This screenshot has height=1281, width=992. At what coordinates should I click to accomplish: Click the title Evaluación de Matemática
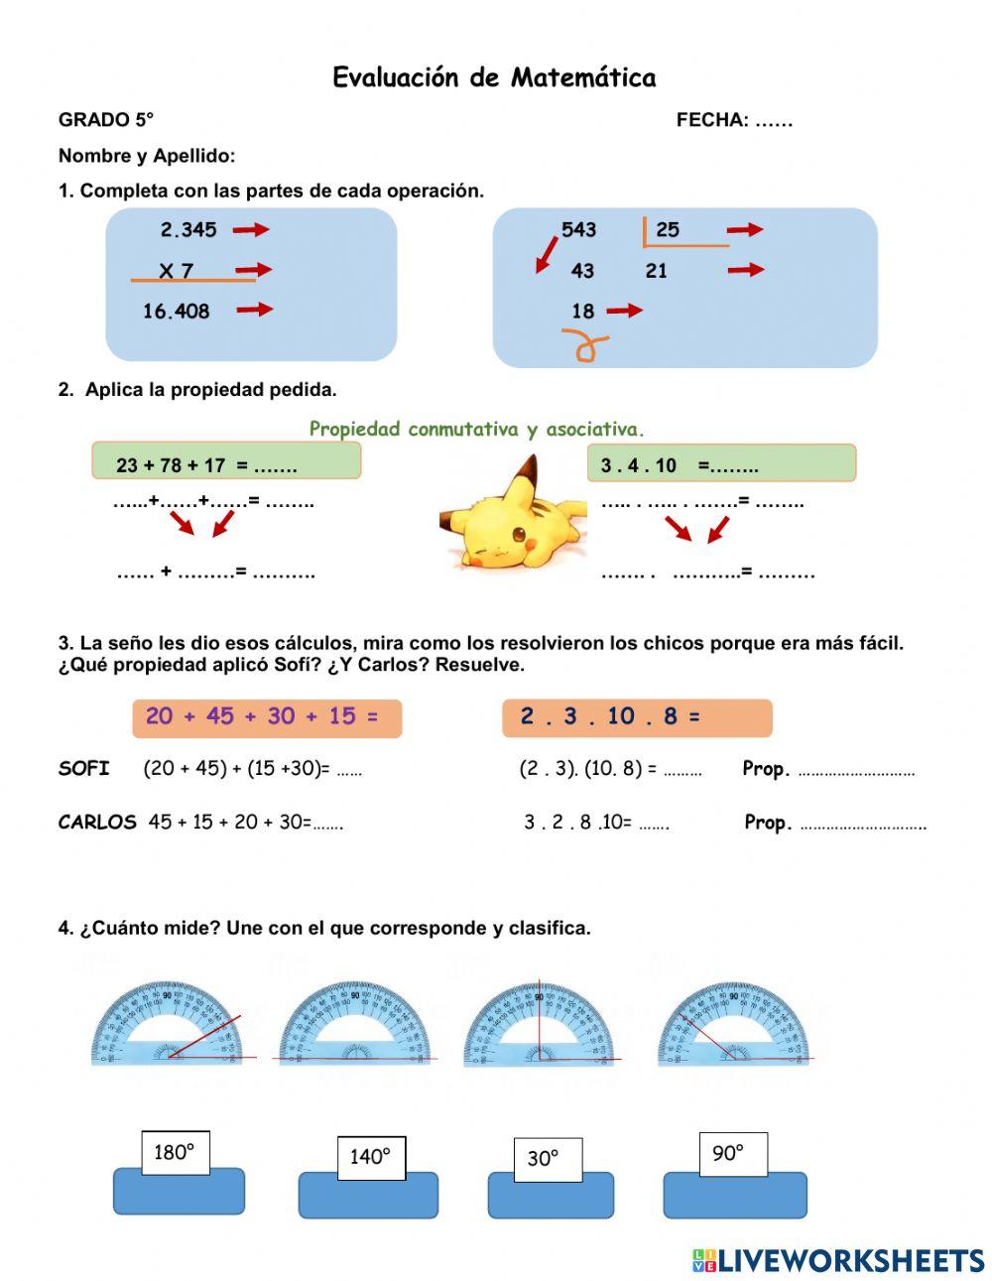click(x=494, y=77)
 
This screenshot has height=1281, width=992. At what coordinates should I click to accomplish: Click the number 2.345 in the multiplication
click(x=188, y=230)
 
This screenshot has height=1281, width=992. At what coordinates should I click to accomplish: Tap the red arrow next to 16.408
click(x=255, y=310)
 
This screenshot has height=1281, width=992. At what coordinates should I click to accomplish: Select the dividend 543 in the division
click(x=578, y=230)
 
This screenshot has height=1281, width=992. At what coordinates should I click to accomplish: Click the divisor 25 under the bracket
click(x=668, y=230)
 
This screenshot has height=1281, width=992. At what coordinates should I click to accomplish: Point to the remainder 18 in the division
click(x=582, y=311)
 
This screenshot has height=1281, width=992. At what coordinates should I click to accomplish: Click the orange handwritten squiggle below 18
click(x=585, y=345)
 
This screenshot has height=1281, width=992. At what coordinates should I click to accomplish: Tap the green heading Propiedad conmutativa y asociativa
click(x=476, y=429)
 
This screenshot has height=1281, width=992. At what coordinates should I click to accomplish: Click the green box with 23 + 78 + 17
click(x=226, y=462)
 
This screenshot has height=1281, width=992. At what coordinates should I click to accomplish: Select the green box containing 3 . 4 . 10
click(x=721, y=463)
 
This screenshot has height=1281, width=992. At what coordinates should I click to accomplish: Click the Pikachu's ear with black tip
click(x=523, y=476)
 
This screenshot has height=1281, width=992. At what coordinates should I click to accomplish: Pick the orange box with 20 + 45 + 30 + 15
click(x=267, y=717)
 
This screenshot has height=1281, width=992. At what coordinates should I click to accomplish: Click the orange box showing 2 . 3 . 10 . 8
click(x=636, y=717)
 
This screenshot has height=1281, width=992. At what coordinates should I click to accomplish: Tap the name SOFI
click(x=84, y=768)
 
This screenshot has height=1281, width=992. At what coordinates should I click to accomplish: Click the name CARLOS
click(x=97, y=822)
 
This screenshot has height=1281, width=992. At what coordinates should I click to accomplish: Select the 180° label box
click(x=175, y=1152)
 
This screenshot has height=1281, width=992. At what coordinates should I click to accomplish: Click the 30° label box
click(x=547, y=1158)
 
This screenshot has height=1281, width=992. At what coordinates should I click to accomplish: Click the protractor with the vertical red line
click(x=539, y=1024)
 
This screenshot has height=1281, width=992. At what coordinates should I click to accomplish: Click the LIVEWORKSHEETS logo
click(x=838, y=1260)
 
